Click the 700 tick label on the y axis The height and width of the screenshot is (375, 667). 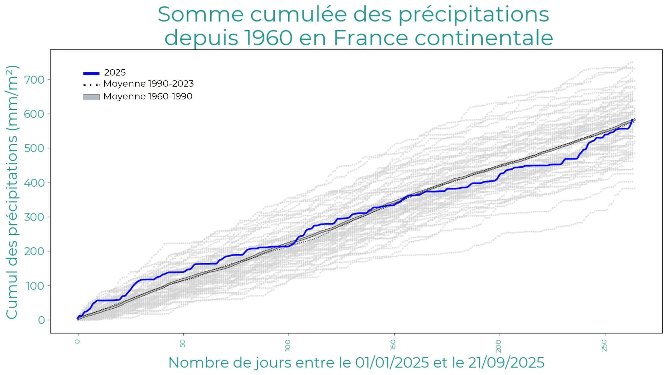tap(34, 80)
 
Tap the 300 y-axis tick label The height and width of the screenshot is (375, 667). tap(34, 217)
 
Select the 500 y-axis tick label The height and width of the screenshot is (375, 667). tap(34, 148)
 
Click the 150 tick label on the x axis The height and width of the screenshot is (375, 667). tap(393, 345)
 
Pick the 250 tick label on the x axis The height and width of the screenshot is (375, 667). tap(604, 345)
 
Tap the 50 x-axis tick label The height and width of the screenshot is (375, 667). tap(183, 343)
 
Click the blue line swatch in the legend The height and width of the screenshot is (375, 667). tap(91, 73)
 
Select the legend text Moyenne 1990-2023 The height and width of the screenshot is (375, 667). tap(149, 84)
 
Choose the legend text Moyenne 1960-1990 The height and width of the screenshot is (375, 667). tap(148, 97)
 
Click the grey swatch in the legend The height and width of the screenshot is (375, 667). tap(91, 97)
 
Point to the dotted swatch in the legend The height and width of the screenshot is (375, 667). tap(91, 85)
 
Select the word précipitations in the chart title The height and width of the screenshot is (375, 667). tap(474, 15)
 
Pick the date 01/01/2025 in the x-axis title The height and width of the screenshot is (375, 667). tap(392, 363)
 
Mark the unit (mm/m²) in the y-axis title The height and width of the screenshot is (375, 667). tap(12, 98)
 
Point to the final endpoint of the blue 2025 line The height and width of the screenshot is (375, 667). tap(632, 120)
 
